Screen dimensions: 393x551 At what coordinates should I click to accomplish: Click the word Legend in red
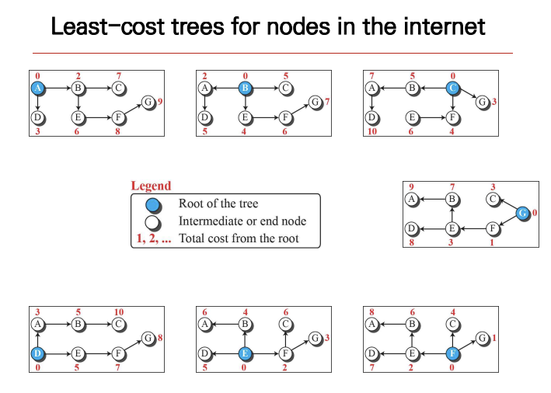click(151, 186)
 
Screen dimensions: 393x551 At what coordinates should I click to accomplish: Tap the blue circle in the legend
click(154, 205)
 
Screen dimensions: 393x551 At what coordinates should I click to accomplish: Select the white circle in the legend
click(154, 222)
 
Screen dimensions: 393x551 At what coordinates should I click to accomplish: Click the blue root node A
click(37, 88)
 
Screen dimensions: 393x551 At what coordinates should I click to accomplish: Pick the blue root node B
click(245, 88)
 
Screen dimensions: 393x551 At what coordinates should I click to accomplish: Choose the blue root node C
click(452, 88)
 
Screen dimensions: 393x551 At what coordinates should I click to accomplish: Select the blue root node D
click(37, 353)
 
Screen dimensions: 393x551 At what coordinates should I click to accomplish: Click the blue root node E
click(245, 353)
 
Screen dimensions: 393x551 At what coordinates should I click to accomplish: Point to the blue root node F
click(452, 353)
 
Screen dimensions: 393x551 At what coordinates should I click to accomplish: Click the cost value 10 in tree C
click(372, 132)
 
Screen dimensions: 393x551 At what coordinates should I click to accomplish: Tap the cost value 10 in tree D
click(118, 311)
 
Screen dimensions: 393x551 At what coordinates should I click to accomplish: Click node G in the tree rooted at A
click(148, 102)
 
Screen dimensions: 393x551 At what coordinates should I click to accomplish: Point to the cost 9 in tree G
click(411, 186)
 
